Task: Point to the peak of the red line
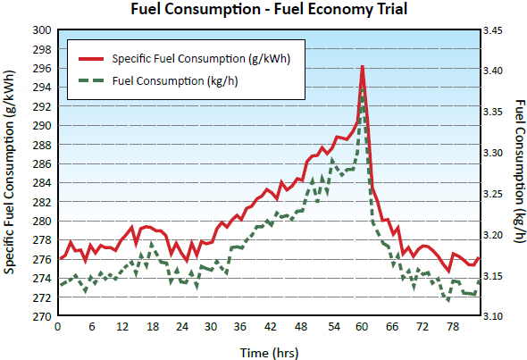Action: (x=362, y=66)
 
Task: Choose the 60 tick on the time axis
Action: (x=363, y=328)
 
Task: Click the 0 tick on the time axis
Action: (x=58, y=328)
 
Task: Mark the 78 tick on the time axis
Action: (x=454, y=328)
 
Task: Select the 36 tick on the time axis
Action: (x=240, y=328)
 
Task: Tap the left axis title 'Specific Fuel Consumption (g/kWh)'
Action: (x=11, y=172)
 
